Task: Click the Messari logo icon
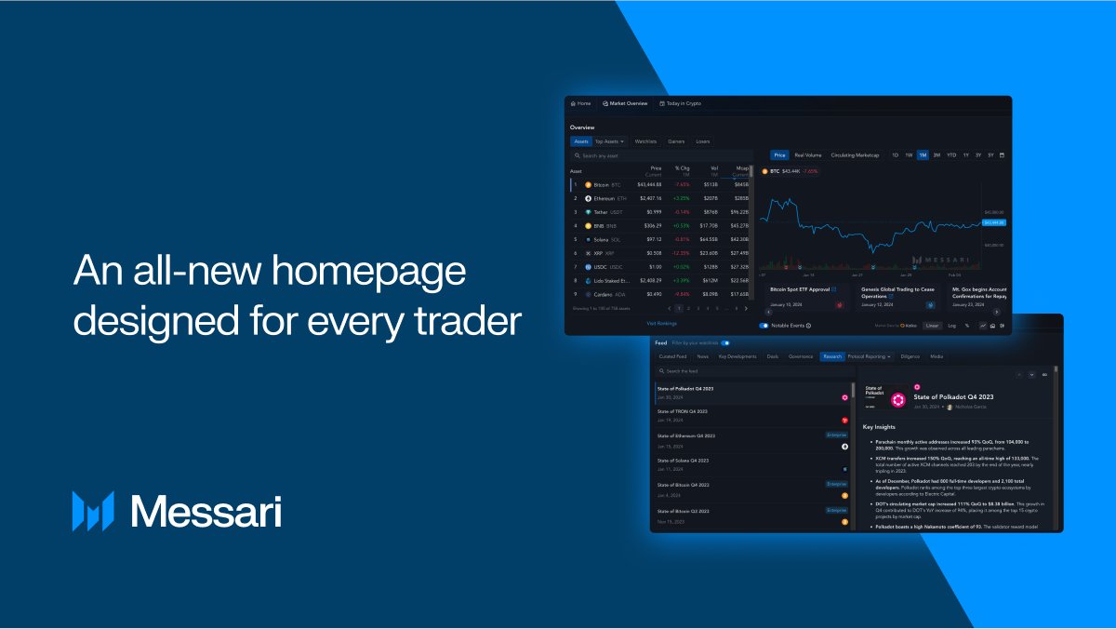tap(93, 511)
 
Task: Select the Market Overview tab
tap(625, 103)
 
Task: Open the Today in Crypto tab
tap(680, 103)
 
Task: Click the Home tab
tap(580, 103)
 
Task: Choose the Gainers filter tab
tap(676, 141)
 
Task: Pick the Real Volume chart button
tap(807, 155)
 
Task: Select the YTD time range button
tap(951, 155)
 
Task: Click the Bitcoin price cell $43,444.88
tap(649, 184)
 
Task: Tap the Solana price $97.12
tap(651, 239)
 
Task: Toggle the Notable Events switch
tap(764, 326)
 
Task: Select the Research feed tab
tap(831, 356)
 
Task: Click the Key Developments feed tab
tap(737, 356)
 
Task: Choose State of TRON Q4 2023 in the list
tap(683, 411)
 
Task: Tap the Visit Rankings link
tap(661, 323)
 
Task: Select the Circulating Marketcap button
tap(856, 155)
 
